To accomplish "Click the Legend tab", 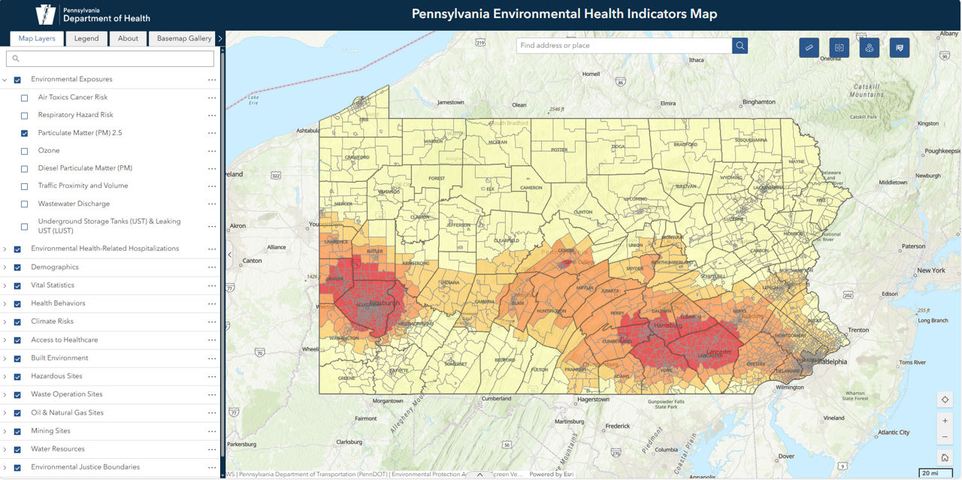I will [x=86, y=38].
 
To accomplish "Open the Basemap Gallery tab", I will [x=184, y=38].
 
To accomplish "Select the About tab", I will [x=128, y=38].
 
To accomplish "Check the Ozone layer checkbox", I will [x=25, y=151].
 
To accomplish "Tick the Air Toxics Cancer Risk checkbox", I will [x=25, y=98].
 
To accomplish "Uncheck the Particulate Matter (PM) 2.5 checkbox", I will [x=25, y=133].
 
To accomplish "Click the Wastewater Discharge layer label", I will [x=74, y=204].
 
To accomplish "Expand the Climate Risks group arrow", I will [x=5, y=322].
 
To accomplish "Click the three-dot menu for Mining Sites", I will [x=212, y=431].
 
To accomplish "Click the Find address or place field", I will [x=624, y=46].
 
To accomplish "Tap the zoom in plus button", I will [x=945, y=421].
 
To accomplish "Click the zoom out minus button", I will [x=945, y=438].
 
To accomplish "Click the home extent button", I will [x=945, y=457].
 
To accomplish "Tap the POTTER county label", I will [x=559, y=149].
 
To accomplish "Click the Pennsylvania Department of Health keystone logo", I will [x=46, y=14].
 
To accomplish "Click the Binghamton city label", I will [x=758, y=101].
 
